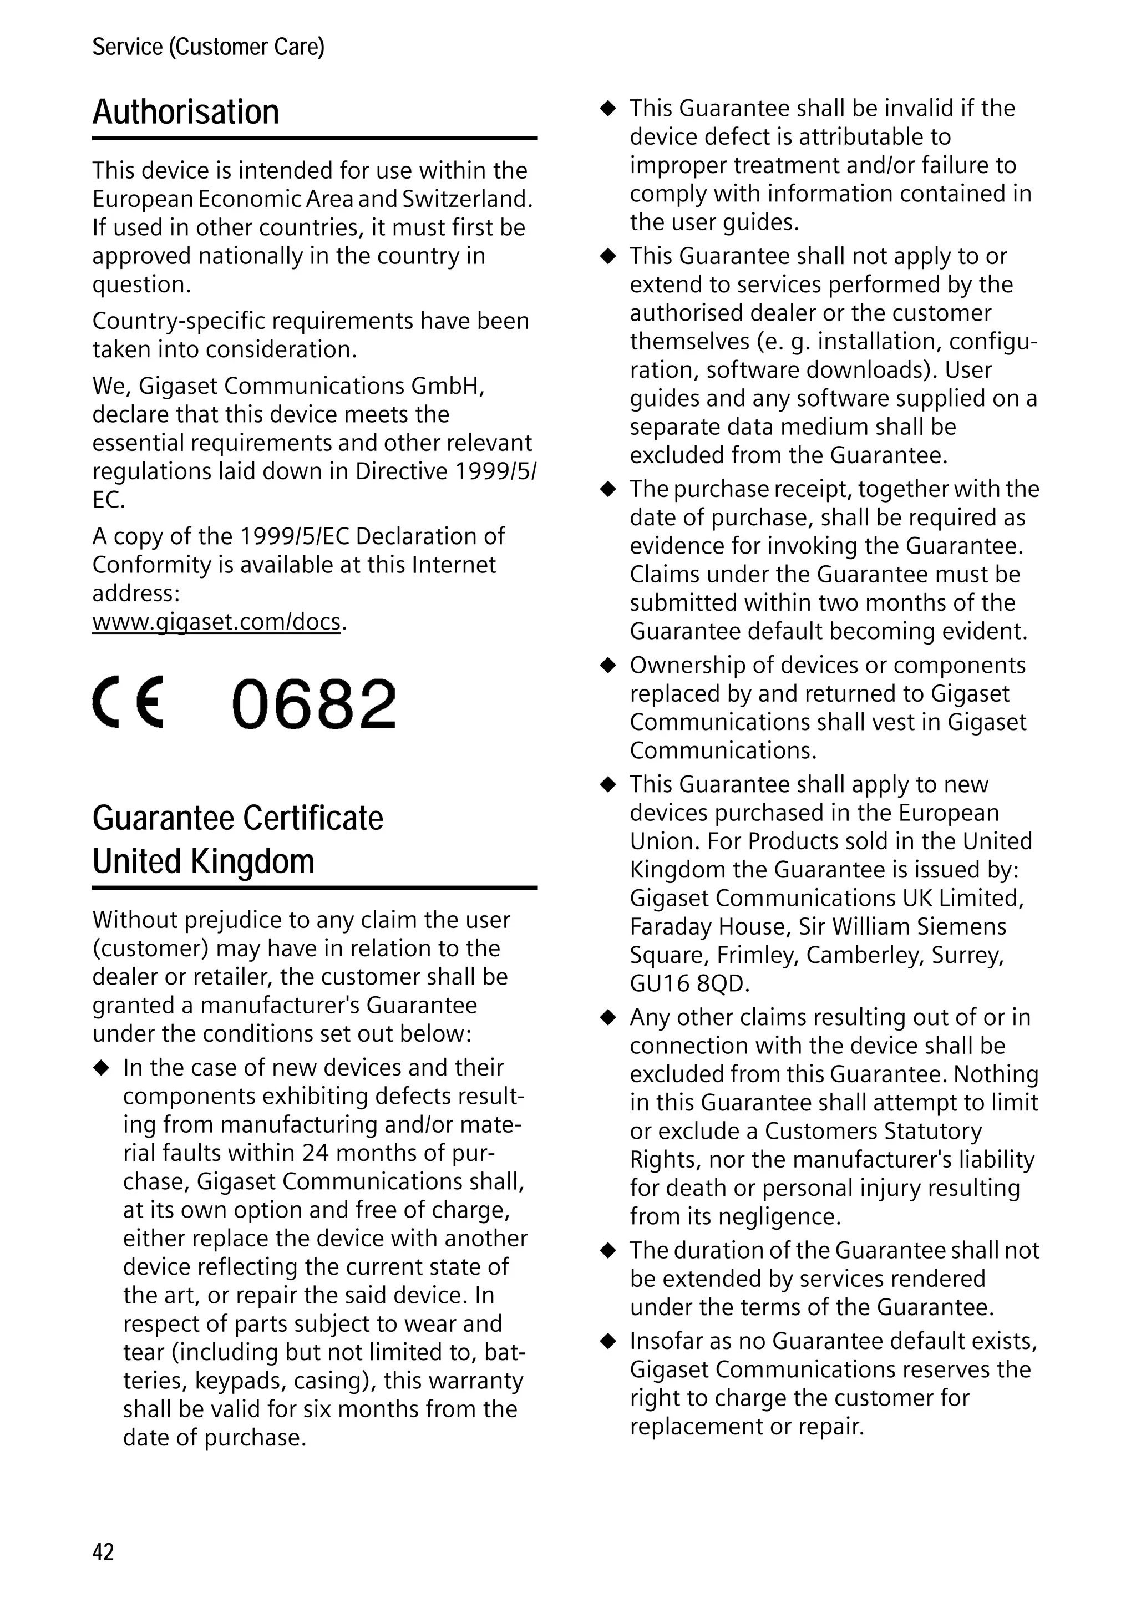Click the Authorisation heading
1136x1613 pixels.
click(185, 113)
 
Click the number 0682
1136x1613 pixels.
click(313, 703)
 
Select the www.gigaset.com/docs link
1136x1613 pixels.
click(216, 622)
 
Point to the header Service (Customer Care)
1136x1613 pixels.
click(208, 47)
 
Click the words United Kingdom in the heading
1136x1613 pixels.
click(203, 861)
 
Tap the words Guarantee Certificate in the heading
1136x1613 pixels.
click(237, 819)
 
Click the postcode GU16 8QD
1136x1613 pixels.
click(688, 983)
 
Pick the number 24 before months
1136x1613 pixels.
click(317, 1153)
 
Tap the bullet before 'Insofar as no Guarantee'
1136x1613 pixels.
click(608, 1341)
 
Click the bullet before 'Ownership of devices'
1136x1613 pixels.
click(608, 665)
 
